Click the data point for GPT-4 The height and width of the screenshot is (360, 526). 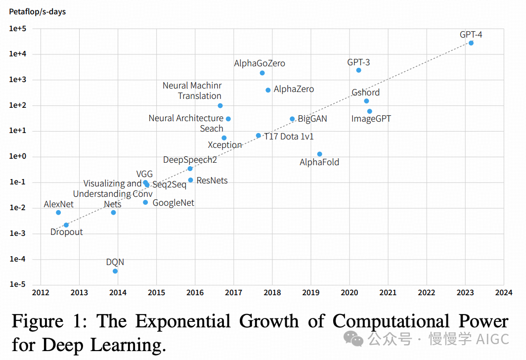(x=471, y=43)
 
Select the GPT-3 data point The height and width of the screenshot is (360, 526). (x=358, y=70)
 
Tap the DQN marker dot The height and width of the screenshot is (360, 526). (x=115, y=271)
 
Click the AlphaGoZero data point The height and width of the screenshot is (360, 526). (x=262, y=73)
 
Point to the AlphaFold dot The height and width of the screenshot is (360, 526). (x=319, y=154)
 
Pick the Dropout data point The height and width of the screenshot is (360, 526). (x=66, y=225)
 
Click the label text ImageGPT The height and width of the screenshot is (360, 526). (x=371, y=119)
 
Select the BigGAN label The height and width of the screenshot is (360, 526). (x=312, y=119)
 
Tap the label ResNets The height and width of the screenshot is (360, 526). (x=212, y=180)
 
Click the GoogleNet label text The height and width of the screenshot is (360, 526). (x=173, y=203)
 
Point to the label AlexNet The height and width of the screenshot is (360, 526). (x=58, y=204)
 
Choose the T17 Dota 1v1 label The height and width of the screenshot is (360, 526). (x=289, y=136)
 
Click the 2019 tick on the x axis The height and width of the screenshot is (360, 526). (x=310, y=293)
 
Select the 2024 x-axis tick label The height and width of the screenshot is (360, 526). (x=503, y=293)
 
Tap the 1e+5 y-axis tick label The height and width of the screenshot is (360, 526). (x=17, y=29)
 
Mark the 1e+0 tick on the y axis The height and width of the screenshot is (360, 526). (x=17, y=157)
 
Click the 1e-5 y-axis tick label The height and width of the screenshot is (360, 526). (x=17, y=285)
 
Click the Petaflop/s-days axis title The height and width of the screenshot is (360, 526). (x=37, y=11)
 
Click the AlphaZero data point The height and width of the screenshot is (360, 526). (x=268, y=90)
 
